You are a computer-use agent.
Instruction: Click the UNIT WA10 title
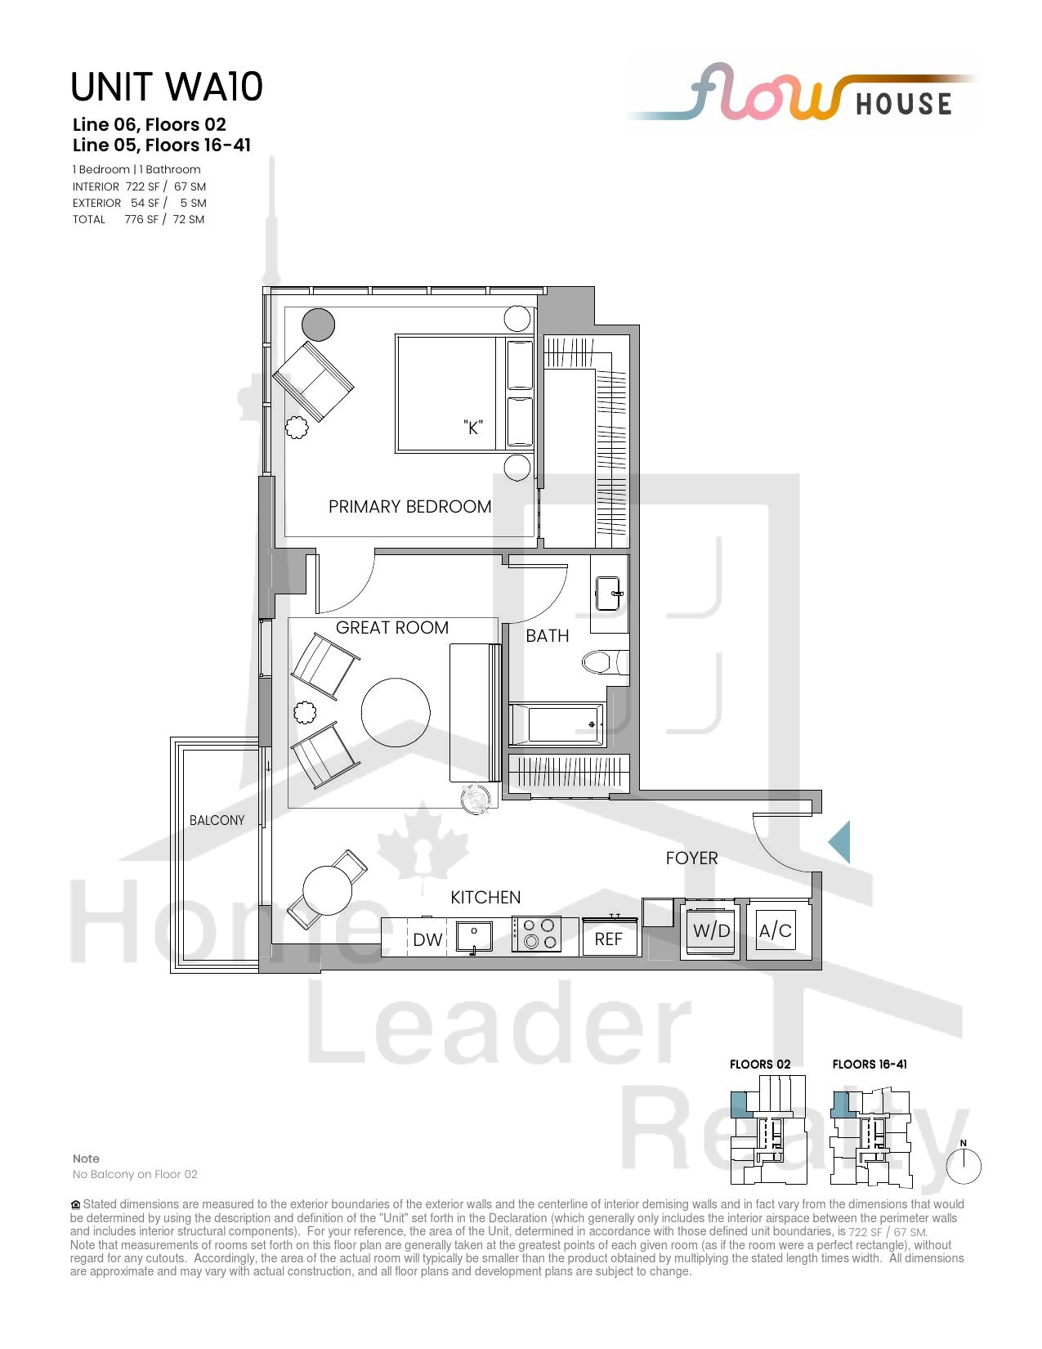(167, 87)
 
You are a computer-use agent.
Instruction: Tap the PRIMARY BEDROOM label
(409, 507)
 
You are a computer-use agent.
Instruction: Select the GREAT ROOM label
(392, 628)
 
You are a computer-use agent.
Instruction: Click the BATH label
(548, 636)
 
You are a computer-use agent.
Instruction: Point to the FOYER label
(691, 858)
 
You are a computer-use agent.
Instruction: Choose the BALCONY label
(217, 820)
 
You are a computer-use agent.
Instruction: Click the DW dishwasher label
(427, 939)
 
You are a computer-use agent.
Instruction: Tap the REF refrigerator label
(608, 939)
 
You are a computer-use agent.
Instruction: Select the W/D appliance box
(711, 930)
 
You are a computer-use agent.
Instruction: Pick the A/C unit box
(776, 930)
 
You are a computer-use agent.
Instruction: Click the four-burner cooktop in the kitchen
(537, 934)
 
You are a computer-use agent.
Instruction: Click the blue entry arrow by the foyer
(839, 842)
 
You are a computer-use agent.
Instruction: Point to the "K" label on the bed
(473, 427)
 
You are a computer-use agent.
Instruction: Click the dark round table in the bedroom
(319, 325)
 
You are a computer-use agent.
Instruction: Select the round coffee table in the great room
(396, 713)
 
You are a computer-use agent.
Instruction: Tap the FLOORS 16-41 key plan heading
(870, 1064)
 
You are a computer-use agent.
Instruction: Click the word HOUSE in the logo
(904, 104)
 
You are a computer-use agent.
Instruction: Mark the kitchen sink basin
(474, 935)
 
